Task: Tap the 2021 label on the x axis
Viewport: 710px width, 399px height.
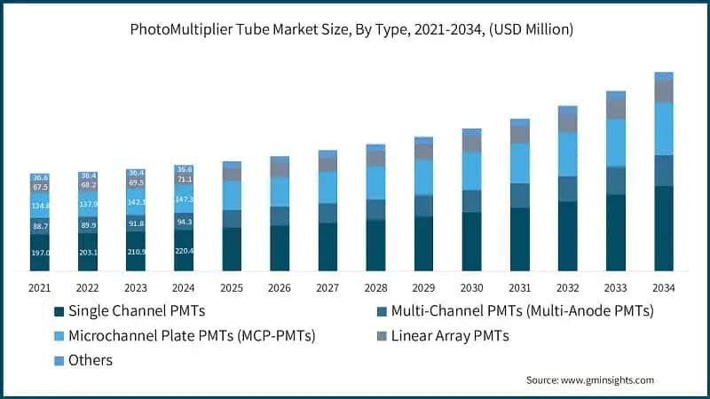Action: pyautogui.click(x=40, y=287)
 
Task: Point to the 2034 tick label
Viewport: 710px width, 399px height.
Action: pyautogui.click(x=663, y=287)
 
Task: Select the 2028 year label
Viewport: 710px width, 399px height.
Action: pyautogui.click(x=375, y=287)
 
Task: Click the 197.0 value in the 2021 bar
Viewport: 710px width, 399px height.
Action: pyautogui.click(x=40, y=253)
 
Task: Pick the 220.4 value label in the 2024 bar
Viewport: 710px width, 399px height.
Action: pyautogui.click(x=184, y=251)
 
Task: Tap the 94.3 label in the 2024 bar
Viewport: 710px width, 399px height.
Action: pyautogui.click(x=184, y=221)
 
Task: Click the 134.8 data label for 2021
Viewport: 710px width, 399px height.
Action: pyautogui.click(x=40, y=206)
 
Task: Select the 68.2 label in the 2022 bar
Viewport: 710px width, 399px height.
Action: pyautogui.click(x=88, y=185)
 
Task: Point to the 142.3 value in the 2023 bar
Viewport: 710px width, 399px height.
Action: pyautogui.click(x=136, y=202)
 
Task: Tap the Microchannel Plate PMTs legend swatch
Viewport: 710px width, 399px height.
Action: pyautogui.click(x=59, y=336)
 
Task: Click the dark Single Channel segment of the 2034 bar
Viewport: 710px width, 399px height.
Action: pyautogui.click(x=663, y=228)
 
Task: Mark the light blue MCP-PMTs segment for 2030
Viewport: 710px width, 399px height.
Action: pyautogui.click(x=471, y=171)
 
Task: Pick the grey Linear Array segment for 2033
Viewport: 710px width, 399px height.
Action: pyautogui.click(x=615, y=108)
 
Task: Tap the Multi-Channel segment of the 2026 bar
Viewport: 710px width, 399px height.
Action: pyautogui.click(x=280, y=216)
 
